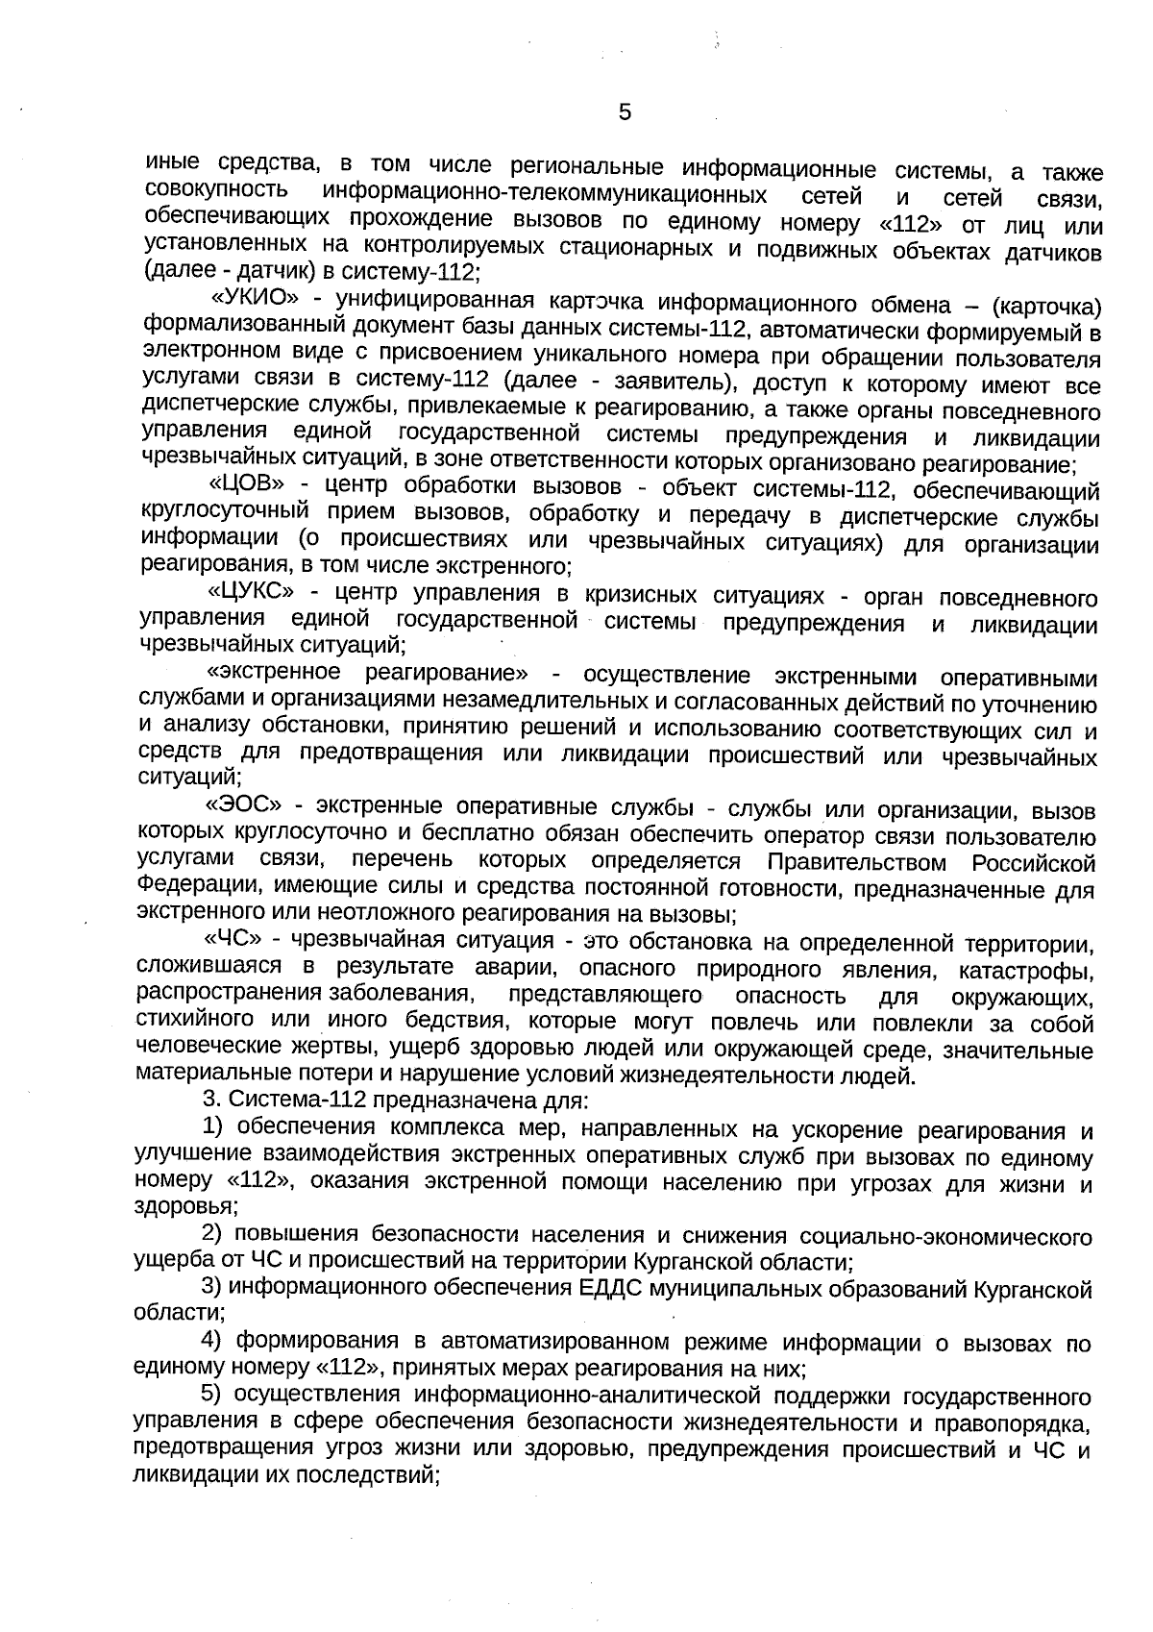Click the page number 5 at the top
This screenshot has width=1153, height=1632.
(625, 113)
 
